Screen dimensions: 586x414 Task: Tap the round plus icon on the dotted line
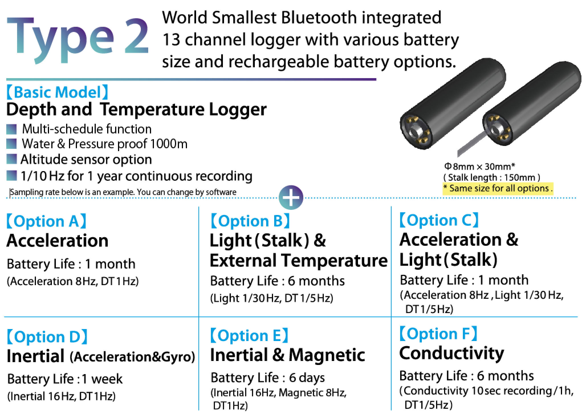tap(291, 198)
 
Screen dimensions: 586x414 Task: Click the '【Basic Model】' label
tap(57, 92)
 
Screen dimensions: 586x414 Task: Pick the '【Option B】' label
tap(250, 221)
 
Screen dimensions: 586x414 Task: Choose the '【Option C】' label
tap(439, 220)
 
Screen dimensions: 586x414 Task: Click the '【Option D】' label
tap(47, 337)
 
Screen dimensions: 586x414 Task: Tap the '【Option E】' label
tap(249, 335)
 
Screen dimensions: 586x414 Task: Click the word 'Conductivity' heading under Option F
tap(451, 354)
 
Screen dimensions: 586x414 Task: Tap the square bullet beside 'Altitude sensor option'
tap(11, 159)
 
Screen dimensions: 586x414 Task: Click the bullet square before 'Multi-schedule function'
tap(11, 129)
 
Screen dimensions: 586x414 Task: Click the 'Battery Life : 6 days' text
tap(268, 378)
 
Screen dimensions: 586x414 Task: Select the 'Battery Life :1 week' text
tap(65, 379)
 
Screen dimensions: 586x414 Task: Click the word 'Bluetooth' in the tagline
tap(319, 17)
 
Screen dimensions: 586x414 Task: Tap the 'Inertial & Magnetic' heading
tap(288, 355)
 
